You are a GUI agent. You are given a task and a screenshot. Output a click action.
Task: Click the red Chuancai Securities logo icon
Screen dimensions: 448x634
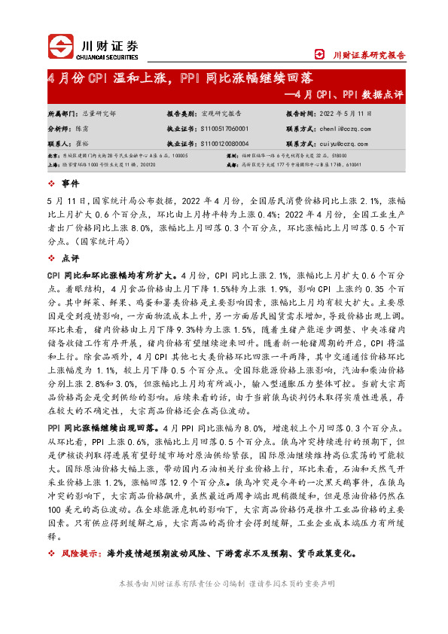point(62,47)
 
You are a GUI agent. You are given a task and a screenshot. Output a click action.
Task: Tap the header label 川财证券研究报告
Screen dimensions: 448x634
point(368,54)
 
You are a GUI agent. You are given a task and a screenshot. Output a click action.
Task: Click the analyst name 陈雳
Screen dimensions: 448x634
point(81,129)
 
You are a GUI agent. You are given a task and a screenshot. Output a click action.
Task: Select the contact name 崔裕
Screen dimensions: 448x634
point(81,143)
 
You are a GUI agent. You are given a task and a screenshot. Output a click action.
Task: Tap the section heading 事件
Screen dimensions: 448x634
point(70,184)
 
